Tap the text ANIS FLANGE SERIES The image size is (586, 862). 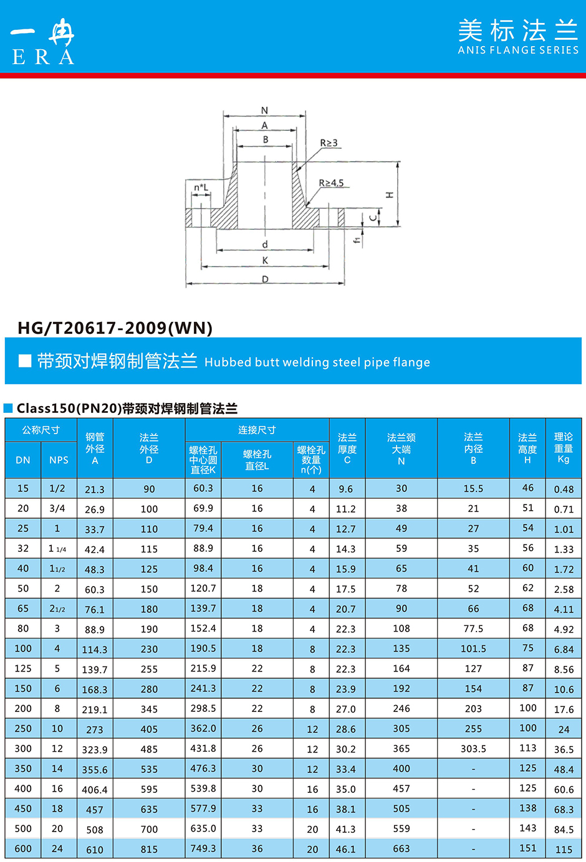pyautogui.click(x=518, y=50)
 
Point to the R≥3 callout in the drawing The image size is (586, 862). pyautogui.click(x=329, y=143)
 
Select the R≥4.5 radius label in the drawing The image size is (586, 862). pyautogui.click(x=331, y=183)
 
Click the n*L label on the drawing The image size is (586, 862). pyautogui.click(x=201, y=187)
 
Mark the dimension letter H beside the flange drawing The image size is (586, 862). pyautogui.click(x=390, y=195)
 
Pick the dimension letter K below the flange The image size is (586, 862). pyautogui.click(x=265, y=260)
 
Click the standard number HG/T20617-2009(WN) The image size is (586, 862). pyautogui.click(x=115, y=328)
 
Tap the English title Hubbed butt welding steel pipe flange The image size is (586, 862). pyautogui.click(x=317, y=362)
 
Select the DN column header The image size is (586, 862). pyautogui.click(x=23, y=460)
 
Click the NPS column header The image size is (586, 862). pyautogui.click(x=59, y=460)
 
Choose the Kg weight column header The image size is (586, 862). pyautogui.click(x=564, y=448)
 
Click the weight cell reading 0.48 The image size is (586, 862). pyautogui.click(x=564, y=490)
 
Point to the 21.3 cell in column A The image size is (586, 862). pyautogui.click(x=95, y=490)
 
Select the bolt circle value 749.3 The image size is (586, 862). pyautogui.click(x=203, y=848)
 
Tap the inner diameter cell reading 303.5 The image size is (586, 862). pyautogui.click(x=473, y=749)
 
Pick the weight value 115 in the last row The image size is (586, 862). pyautogui.click(x=564, y=850)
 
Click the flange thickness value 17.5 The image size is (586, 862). pyautogui.click(x=346, y=589)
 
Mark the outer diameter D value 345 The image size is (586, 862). pyautogui.click(x=149, y=709)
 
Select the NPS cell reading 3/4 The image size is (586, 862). pyautogui.click(x=57, y=508)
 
